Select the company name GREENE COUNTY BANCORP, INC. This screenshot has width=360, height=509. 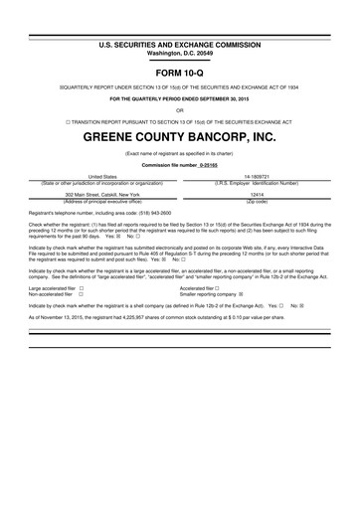(x=180, y=135)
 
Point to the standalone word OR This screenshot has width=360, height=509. (x=180, y=111)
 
